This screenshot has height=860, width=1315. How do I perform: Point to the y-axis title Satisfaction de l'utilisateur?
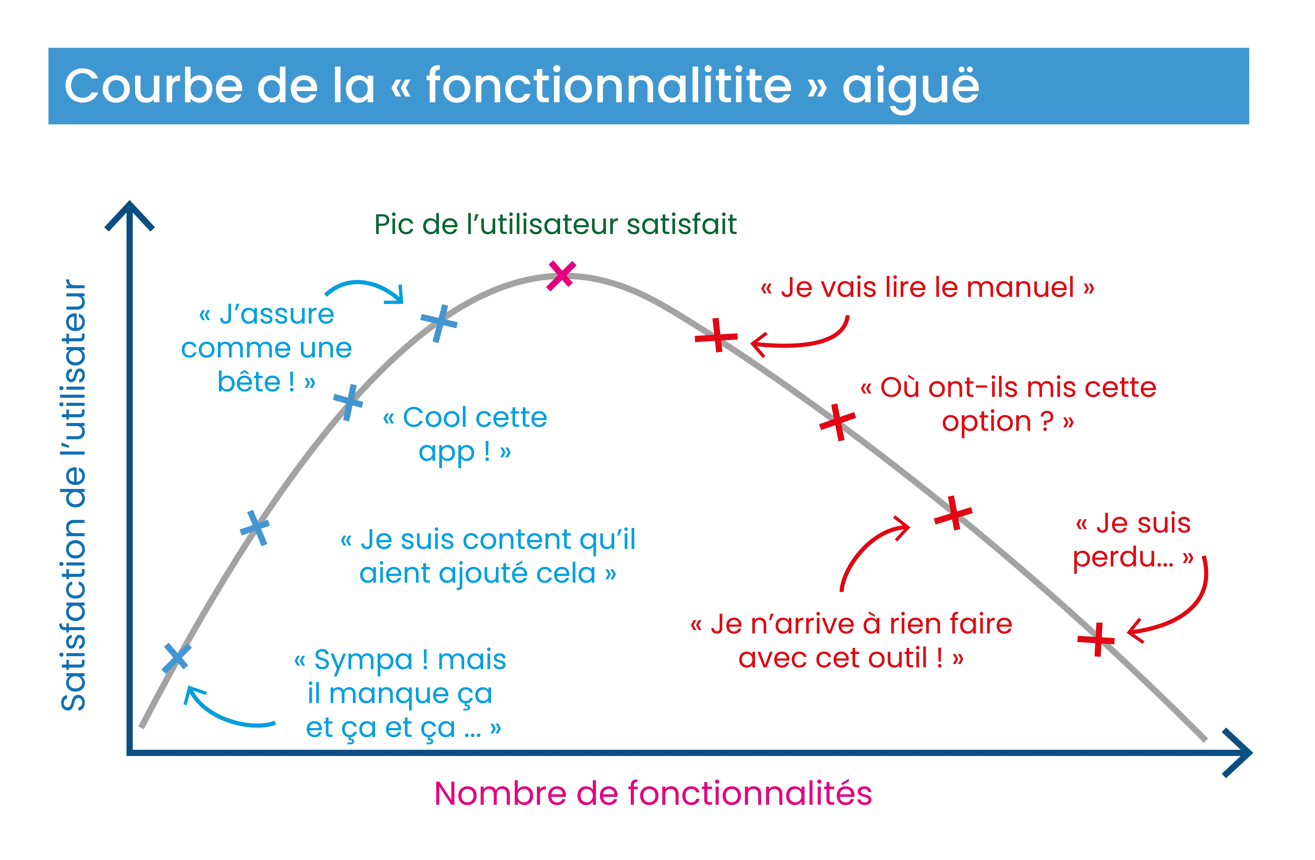[x=74, y=495]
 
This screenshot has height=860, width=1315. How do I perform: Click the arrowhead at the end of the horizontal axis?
[x=1250, y=753]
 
